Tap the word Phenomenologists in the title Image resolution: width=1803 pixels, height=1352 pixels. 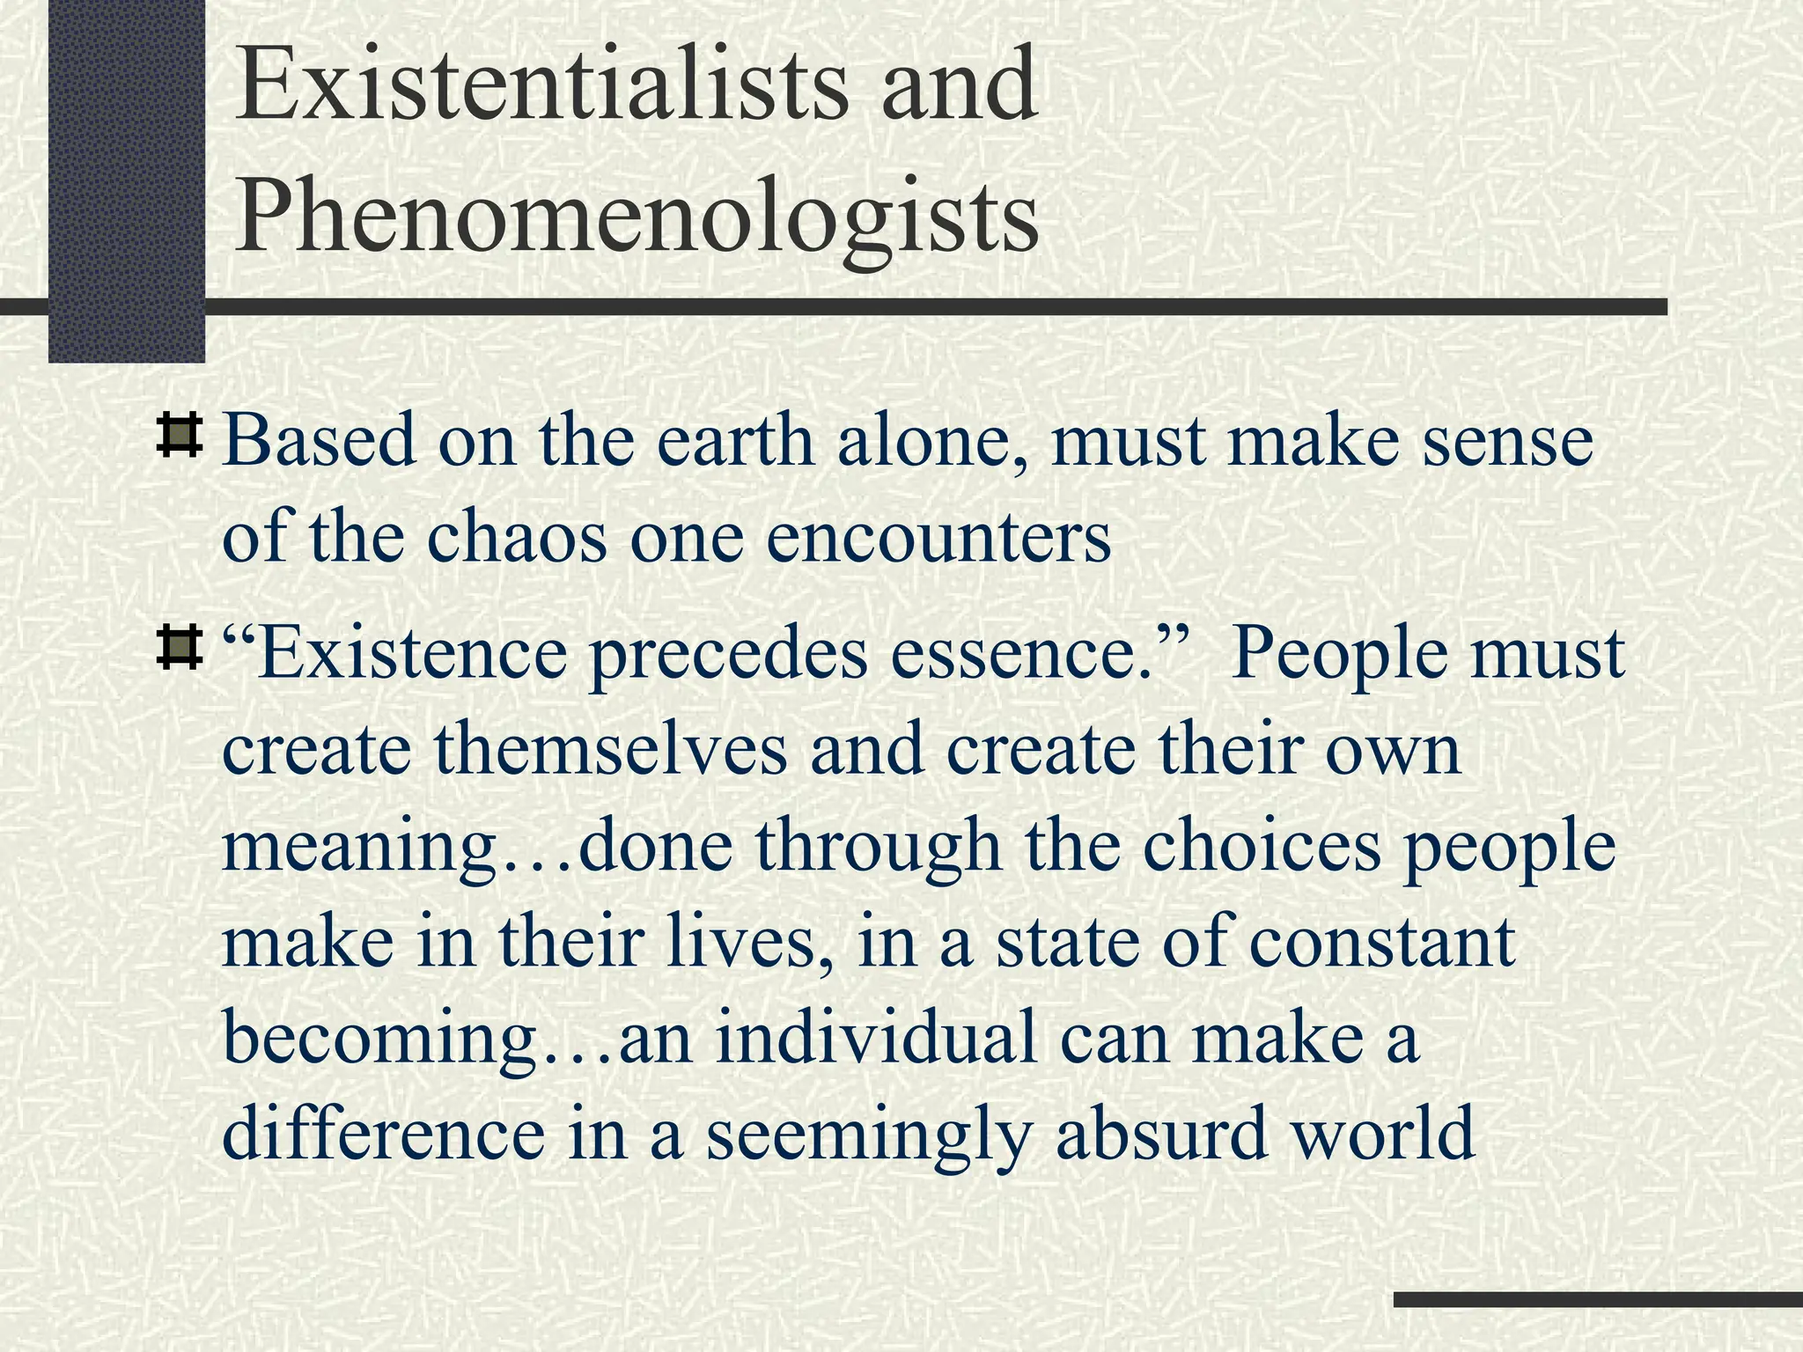point(636,214)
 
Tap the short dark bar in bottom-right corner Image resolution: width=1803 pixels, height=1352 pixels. point(1597,1299)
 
